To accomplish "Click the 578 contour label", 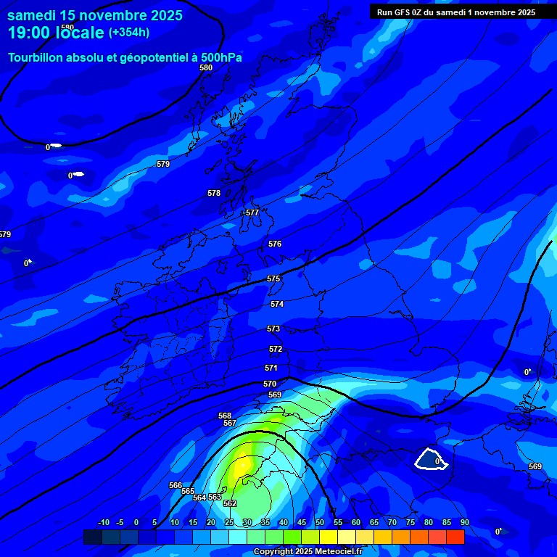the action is pos(214,194).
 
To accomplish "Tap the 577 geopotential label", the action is pos(252,213).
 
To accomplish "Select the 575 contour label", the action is pos(273,279).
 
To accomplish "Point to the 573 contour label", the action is pos(273,329).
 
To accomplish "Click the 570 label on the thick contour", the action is pos(270,384).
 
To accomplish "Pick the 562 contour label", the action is pos(230,503).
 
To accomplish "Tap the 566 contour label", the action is pos(176,485).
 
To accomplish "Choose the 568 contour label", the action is pos(225,416).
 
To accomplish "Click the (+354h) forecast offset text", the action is pos(129,33).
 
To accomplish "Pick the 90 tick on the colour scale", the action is pos(464,523).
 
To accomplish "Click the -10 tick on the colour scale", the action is pos(103,523).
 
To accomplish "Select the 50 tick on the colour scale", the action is pos(319,523).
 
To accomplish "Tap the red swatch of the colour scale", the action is pos(455,537).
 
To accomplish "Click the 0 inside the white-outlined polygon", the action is pos(437,461).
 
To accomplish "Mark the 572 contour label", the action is pos(276,350).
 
